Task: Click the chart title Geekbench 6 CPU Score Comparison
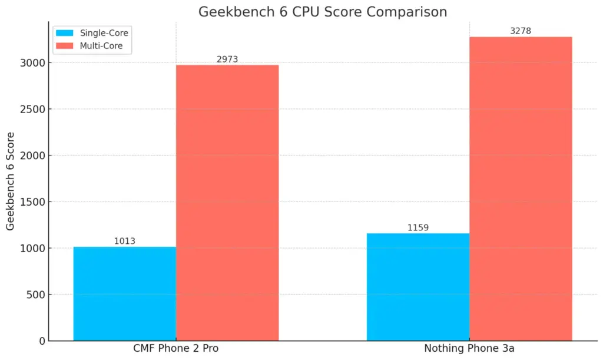(322, 12)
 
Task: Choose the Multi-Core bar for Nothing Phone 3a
(521, 189)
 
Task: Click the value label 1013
(125, 241)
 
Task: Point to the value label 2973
(227, 59)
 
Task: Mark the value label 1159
(418, 227)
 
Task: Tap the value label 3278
(521, 31)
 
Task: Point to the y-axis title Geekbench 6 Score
(11, 181)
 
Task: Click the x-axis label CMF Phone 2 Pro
(176, 349)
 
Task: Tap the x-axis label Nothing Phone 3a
(469, 349)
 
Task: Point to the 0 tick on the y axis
(41, 341)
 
